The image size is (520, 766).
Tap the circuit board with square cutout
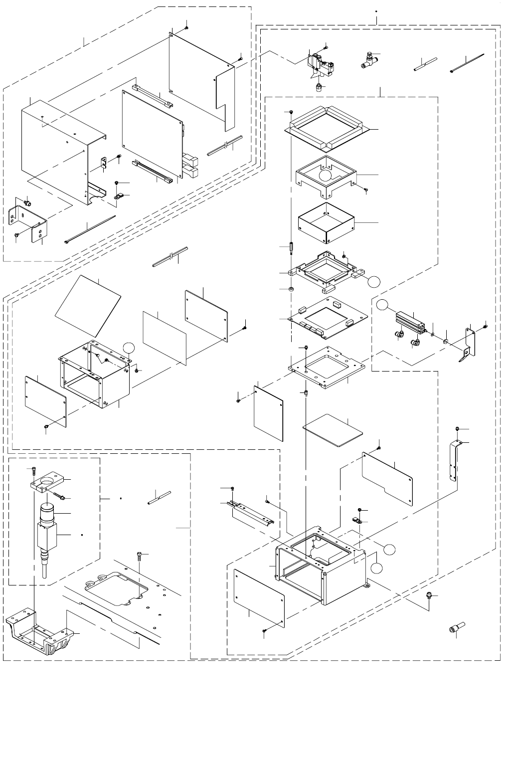(330, 319)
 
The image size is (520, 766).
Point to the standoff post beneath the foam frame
(290, 247)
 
